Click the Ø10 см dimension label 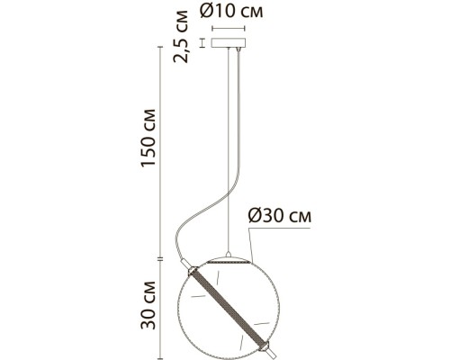(231, 11)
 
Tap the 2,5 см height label (181, 37)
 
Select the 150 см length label (148, 138)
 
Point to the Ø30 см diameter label (280, 216)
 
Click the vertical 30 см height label (148, 305)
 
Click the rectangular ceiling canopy (229, 42)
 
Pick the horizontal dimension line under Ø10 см (229, 29)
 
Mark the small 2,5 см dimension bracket (202, 42)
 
